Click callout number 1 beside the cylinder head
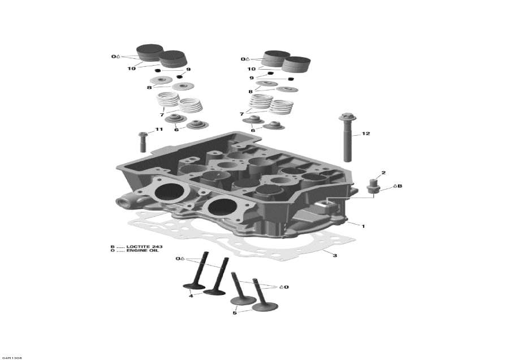pyautogui.click(x=363, y=226)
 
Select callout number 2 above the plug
pyautogui.click(x=383, y=173)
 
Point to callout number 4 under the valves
pyautogui.click(x=191, y=296)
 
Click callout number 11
pyautogui.click(x=159, y=130)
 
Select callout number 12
pyautogui.click(x=365, y=134)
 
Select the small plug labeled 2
pyautogui.click(x=373, y=187)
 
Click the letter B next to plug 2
pyautogui.click(x=400, y=186)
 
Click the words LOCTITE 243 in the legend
pyautogui.click(x=142, y=246)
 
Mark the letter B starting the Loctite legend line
pyautogui.click(x=112, y=246)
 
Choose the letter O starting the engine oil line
pyautogui.click(x=112, y=251)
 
